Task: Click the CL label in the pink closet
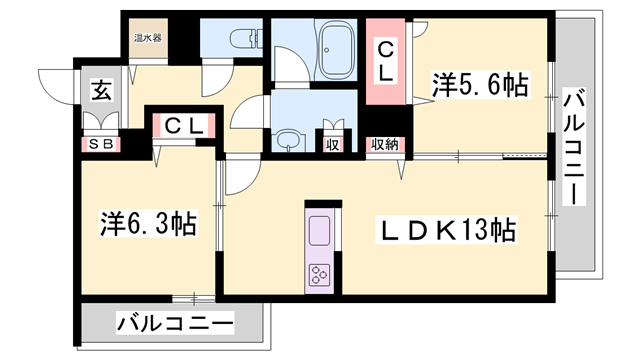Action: pyautogui.click(x=385, y=60)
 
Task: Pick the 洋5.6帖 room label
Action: pyautogui.click(x=480, y=85)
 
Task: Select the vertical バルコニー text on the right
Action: pyautogui.click(x=573, y=146)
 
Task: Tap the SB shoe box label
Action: pyautogui.click(x=101, y=143)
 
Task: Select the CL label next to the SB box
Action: pyautogui.click(x=186, y=126)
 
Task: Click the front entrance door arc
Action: pyautogui.click(x=56, y=85)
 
